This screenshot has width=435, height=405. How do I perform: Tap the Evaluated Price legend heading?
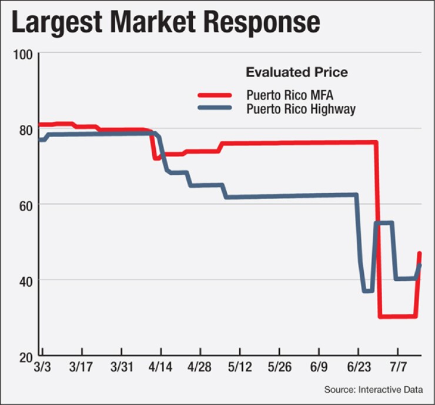(x=296, y=72)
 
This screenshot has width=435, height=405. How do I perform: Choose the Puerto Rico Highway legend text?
(x=300, y=109)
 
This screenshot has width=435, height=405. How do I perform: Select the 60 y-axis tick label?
(x=24, y=205)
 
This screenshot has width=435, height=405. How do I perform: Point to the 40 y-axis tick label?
(x=24, y=280)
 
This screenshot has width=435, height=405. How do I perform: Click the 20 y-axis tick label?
(x=24, y=356)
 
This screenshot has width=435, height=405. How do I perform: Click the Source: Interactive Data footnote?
(x=377, y=389)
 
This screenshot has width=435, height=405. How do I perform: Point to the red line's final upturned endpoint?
(x=420, y=254)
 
